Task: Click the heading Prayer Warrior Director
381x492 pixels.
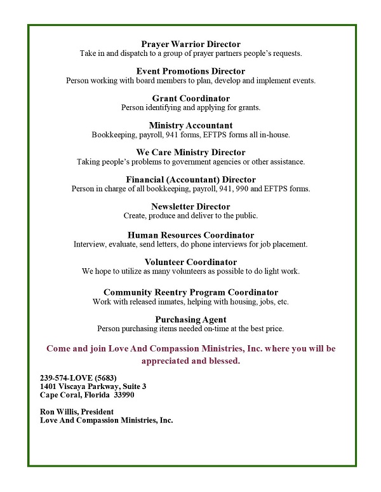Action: pos(190,44)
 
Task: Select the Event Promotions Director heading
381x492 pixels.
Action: pos(190,71)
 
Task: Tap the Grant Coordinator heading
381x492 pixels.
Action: pos(190,99)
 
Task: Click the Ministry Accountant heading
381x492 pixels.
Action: pos(190,125)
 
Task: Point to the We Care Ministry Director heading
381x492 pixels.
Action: pos(190,153)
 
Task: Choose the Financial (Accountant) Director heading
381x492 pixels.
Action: pos(190,180)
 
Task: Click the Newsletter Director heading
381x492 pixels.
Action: pos(190,207)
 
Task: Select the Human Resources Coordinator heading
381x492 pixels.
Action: pos(190,235)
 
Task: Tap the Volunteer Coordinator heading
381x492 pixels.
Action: pos(190,262)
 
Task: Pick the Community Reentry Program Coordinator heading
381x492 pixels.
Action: pos(190,292)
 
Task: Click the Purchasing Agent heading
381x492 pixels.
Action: pos(190,319)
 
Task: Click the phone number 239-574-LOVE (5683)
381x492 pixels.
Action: pos(78,378)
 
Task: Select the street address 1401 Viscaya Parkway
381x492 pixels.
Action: pos(83,386)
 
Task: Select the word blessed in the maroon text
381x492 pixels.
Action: pos(223,360)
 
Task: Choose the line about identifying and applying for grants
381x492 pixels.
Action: pos(190,107)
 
